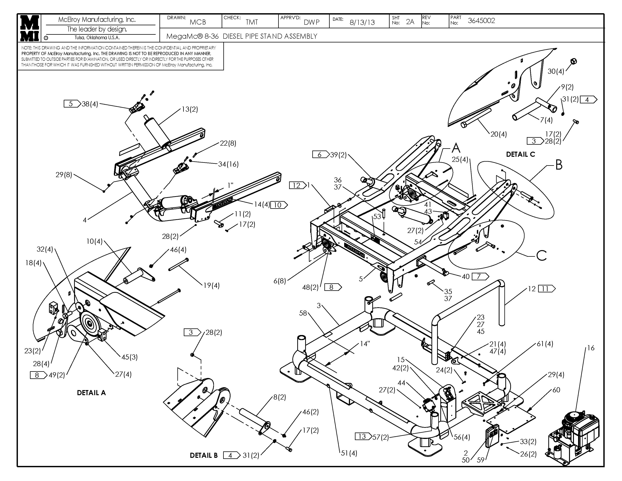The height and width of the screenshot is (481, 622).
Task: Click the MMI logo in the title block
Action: click(x=30, y=28)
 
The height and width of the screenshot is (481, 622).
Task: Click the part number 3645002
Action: click(x=481, y=21)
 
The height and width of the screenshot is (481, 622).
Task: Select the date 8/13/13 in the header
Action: click(x=362, y=22)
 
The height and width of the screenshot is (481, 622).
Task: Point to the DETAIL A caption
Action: click(x=91, y=393)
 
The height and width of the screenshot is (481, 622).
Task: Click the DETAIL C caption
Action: click(x=520, y=154)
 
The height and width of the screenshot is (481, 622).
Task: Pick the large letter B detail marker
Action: click(x=559, y=165)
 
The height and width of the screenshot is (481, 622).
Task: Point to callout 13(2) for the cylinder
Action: click(x=190, y=109)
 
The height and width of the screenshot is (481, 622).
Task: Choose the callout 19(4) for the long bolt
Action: click(x=211, y=285)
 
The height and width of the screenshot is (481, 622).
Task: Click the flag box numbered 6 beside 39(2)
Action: click(x=319, y=154)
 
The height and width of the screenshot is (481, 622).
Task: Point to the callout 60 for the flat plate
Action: click(x=556, y=390)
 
